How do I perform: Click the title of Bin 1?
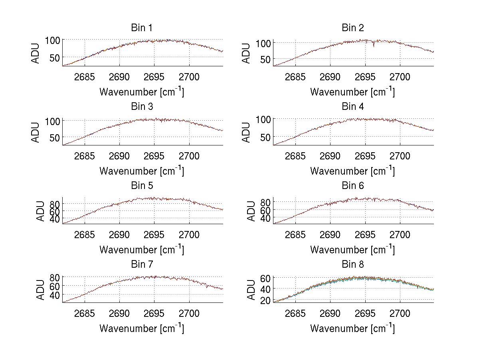coord(142,28)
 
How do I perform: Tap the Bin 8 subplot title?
coord(352,265)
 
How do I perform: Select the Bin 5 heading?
coord(142,186)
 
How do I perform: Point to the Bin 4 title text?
coord(352,107)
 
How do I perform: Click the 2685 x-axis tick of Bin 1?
coord(85,77)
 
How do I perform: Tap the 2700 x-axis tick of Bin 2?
coord(400,77)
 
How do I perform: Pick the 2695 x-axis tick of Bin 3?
coord(154,156)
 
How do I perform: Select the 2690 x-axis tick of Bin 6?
coord(330,235)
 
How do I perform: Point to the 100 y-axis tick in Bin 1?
coord(52,40)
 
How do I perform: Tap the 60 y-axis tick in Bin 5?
coord(54,211)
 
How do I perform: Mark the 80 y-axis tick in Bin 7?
coord(54,276)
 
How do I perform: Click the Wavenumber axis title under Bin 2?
coord(352,92)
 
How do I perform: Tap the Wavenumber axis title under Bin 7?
coord(142,328)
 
